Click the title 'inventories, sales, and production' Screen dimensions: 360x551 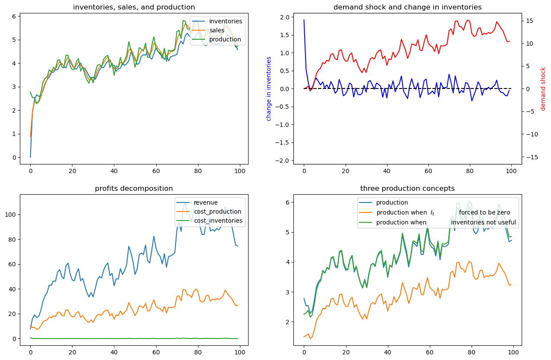tap(134, 7)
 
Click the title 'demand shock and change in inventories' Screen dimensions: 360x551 tap(407, 7)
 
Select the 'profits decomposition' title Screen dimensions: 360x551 tap(134, 188)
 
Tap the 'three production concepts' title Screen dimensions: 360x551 tap(407, 188)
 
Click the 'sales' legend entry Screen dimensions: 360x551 tap(218, 30)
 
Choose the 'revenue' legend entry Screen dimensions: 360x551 tap(205, 202)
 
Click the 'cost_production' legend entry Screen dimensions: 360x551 tap(217, 212)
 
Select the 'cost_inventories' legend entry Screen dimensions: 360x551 tap(218, 221)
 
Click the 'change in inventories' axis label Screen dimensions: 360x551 tap(268, 88)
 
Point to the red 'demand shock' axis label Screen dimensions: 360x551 tap(543, 88)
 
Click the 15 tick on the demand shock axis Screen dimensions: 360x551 tap(530, 20)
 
